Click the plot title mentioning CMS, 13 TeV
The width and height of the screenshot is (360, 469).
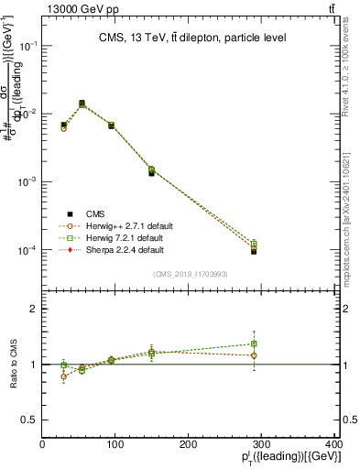tap(192, 38)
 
